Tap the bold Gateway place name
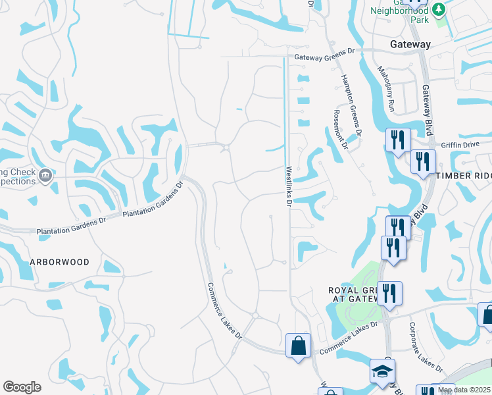(x=410, y=45)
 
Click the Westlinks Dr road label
(x=288, y=186)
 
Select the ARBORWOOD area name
(x=59, y=261)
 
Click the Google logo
(x=22, y=387)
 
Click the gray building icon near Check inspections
(x=45, y=175)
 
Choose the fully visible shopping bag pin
(x=298, y=345)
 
